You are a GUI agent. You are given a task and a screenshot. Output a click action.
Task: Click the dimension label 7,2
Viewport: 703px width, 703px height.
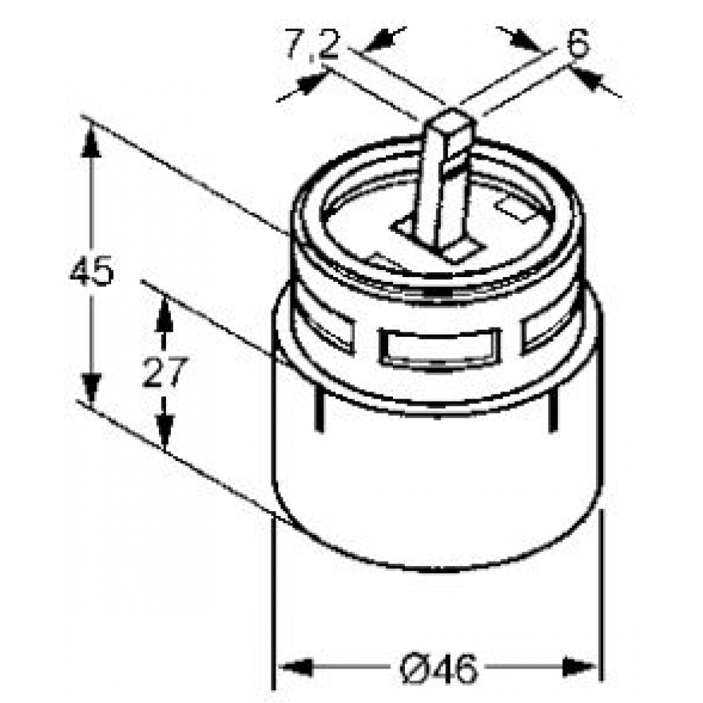[313, 45]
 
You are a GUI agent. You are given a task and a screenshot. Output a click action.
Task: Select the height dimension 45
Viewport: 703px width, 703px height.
[92, 271]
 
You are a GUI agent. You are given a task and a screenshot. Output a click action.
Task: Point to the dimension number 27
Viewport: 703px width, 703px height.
[165, 372]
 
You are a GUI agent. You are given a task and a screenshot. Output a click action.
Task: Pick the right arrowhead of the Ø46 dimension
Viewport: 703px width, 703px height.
[580, 667]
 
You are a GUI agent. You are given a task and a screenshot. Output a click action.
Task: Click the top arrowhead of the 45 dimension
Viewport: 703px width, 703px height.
[91, 141]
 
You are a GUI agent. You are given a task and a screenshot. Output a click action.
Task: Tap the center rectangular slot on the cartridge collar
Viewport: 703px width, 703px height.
[439, 346]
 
